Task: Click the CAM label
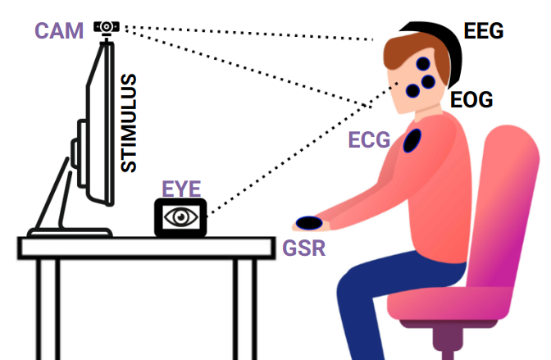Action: (59, 31)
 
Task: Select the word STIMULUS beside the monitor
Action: (128, 123)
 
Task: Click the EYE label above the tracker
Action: (181, 189)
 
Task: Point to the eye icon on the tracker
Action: (181, 217)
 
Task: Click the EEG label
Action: (484, 31)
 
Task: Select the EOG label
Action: (471, 100)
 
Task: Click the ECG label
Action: (369, 140)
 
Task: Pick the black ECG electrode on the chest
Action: (412, 141)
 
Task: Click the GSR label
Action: (304, 248)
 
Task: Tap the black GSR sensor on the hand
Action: (309, 223)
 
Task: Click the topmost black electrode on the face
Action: (423, 64)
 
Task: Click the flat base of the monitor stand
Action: (70, 232)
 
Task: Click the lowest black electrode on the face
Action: (412, 91)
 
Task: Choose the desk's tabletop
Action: (146, 248)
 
